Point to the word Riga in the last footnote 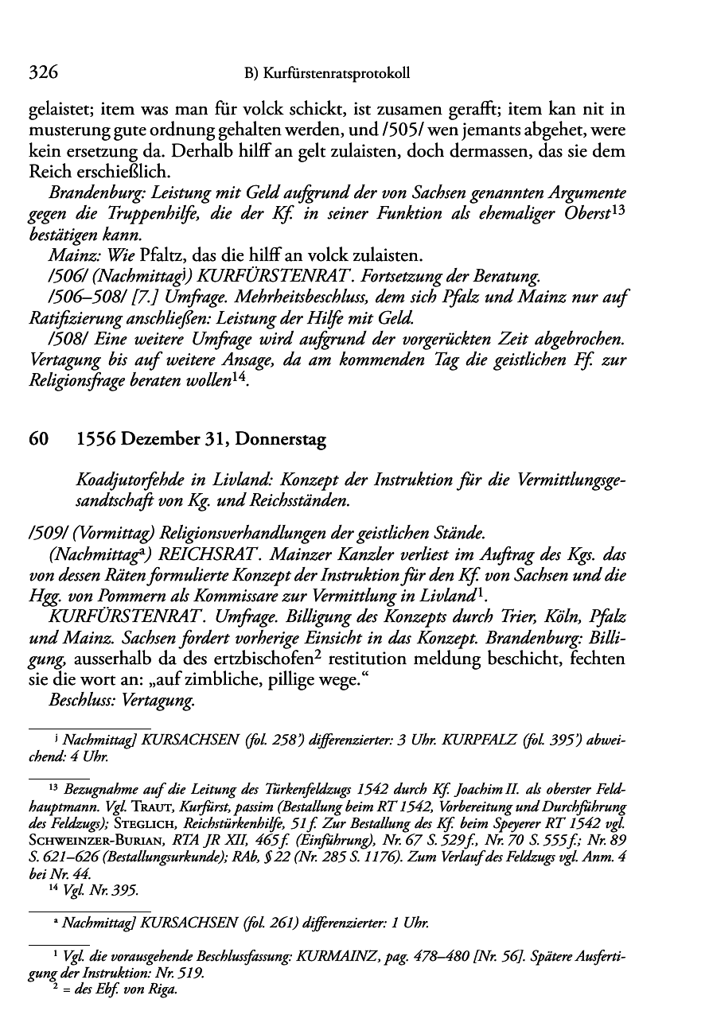(x=162, y=990)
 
